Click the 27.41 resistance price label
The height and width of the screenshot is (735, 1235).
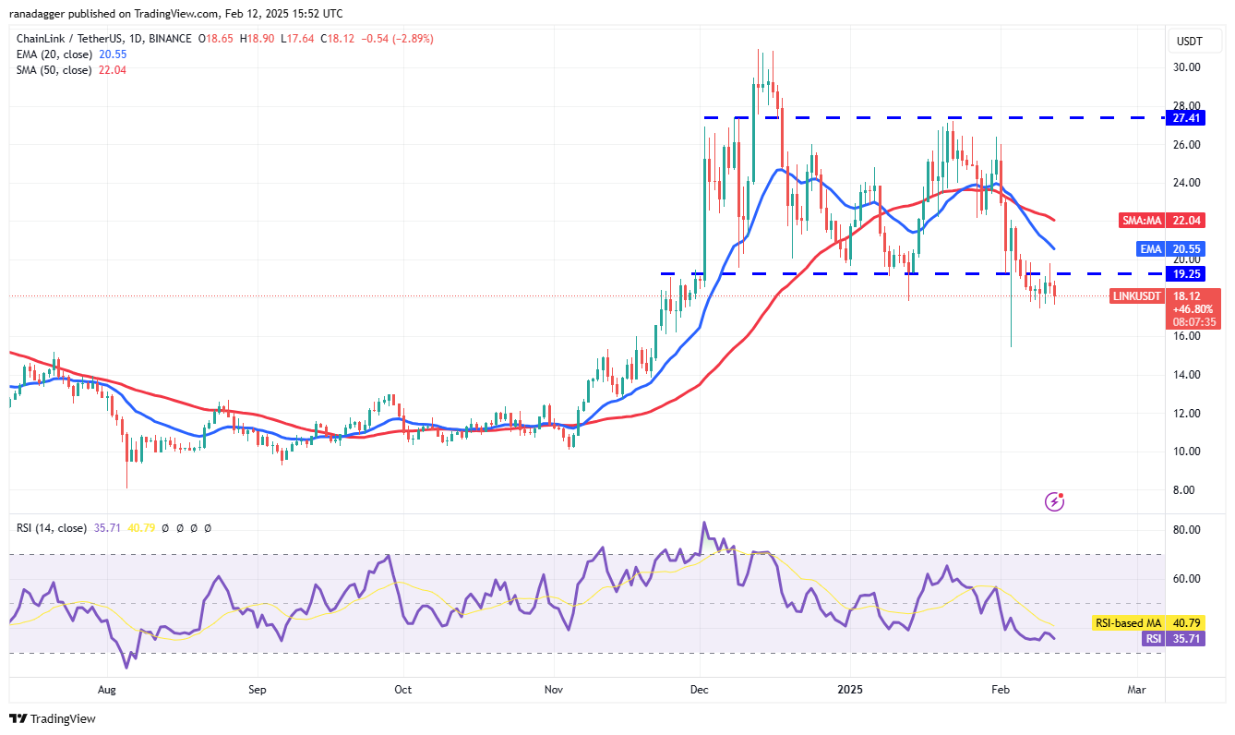[x=1187, y=118]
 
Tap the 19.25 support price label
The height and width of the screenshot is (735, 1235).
[x=1187, y=274]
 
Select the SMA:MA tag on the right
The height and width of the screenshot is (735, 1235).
[x=1141, y=221]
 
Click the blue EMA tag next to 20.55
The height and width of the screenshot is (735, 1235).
[x=1151, y=249]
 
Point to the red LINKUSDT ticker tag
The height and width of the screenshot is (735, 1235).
[x=1137, y=296]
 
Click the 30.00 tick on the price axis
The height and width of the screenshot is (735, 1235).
[x=1187, y=67]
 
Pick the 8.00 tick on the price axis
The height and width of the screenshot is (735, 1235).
[x=1187, y=490]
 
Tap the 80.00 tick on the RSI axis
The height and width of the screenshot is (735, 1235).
[x=1187, y=530]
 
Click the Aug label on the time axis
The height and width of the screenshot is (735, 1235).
[x=107, y=689]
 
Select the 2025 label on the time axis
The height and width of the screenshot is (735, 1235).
[x=849, y=689]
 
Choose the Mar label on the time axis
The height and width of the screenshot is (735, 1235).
[x=1136, y=689]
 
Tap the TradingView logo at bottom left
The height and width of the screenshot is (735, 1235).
[x=53, y=718]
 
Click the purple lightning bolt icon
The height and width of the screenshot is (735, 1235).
[x=1055, y=501]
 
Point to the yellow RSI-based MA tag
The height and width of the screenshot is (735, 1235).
[x=1128, y=623]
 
